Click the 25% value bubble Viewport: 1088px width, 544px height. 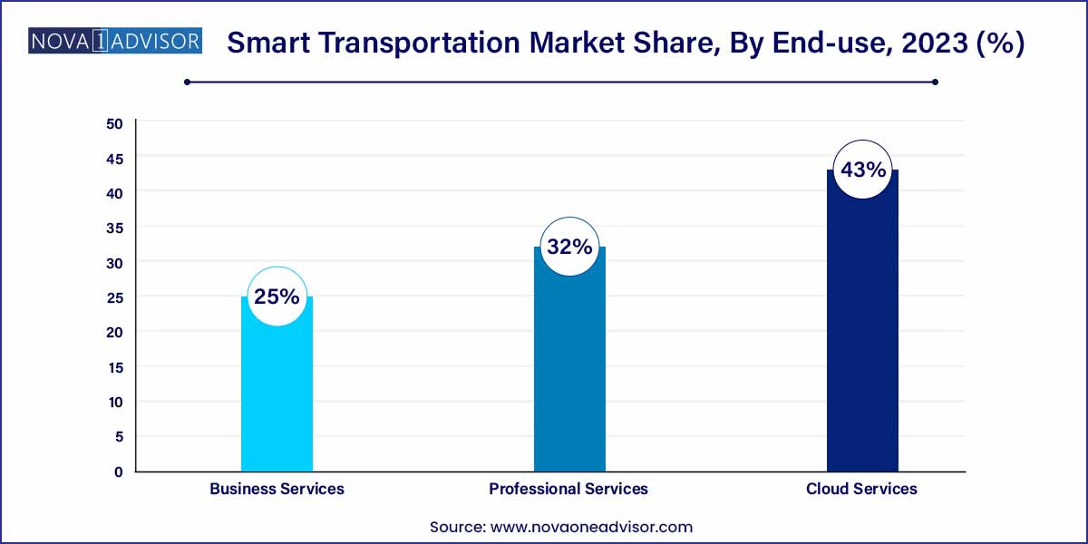pyautogui.click(x=277, y=296)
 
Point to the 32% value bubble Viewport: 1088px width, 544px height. pyautogui.click(x=569, y=247)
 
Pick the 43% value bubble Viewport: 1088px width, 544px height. pyautogui.click(x=862, y=170)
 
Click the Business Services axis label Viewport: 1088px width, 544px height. pyautogui.click(x=277, y=489)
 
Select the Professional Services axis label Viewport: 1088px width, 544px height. pyautogui.click(x=568, y=489)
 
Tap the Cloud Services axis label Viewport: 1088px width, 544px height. pyautogui.click(x=861, y=489)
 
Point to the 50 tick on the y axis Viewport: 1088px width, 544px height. pyautogui.click(x=115, y=123)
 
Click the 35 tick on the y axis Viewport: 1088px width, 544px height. pyautogui.click(x=115, y=228)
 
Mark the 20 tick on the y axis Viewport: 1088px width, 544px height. pyautogui.click(x=115, y=332)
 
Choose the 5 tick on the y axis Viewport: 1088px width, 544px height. pyautogui.click(x=118, y=436)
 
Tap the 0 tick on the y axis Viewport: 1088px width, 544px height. pyautogui.click(x=118, y=471)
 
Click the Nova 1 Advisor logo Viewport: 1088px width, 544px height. pyautogui.click(x=115, y=43)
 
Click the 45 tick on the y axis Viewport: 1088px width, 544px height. pyautogui.click(x=115, y=158)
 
